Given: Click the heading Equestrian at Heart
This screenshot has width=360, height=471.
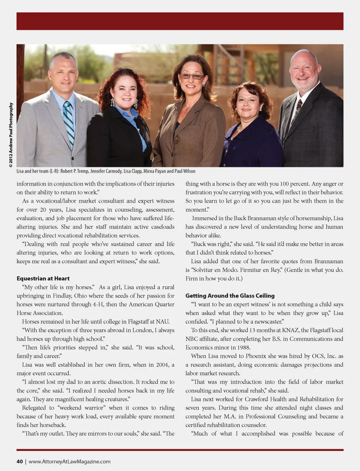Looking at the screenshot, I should click(43, 278).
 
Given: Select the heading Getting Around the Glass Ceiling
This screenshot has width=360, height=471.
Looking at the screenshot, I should click(230, 296).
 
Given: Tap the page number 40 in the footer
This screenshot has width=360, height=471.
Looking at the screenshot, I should click(19, 462).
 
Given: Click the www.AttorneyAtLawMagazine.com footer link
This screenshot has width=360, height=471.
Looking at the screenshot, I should click(69, 462).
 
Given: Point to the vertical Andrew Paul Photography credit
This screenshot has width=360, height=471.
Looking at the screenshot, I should click(11, 135).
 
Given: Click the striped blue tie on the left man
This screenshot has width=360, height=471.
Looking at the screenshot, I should click(69, 124).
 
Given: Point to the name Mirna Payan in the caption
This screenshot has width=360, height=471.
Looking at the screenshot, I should click(154, 171).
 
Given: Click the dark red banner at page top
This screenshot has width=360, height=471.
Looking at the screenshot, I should click(180, 21).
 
